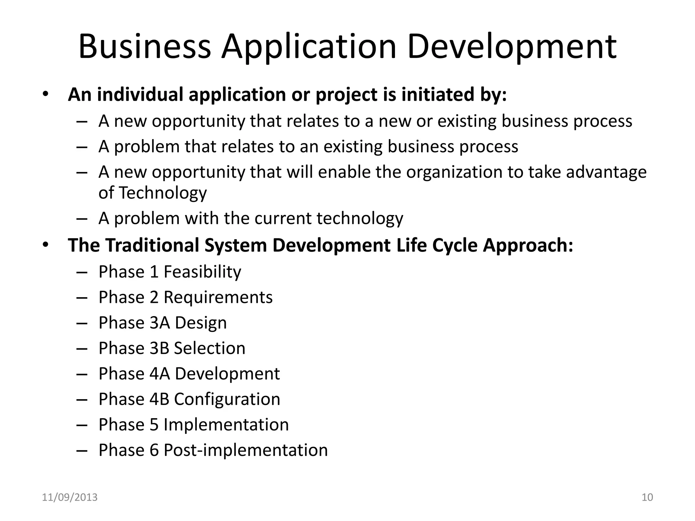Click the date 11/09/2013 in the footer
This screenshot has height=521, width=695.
point(70,497)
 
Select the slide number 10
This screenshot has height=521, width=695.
point(647,497)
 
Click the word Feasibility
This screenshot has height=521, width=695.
point(202,272)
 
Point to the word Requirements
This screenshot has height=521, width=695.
point(218,297)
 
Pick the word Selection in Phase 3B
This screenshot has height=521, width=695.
point(209,348)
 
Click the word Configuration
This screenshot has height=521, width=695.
point(227,399)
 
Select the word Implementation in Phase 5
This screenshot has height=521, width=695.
point(226,424)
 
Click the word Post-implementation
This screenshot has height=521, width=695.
point(246,450)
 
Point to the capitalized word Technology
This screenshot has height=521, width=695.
point(163,193)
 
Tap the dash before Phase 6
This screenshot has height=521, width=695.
point(82,451)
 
